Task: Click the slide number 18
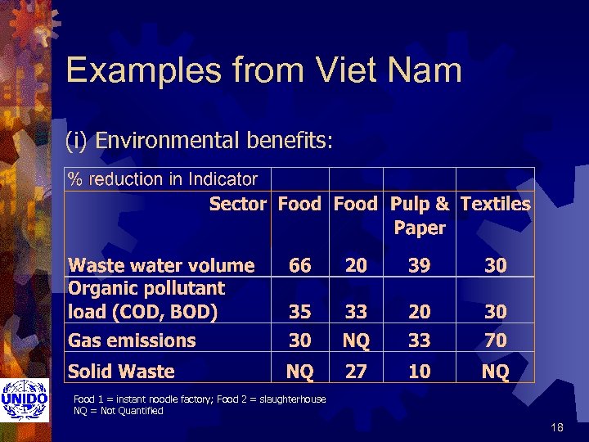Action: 558,427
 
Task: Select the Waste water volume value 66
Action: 299,265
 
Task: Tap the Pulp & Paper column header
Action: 420,215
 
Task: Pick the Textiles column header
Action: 495,204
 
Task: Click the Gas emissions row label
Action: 132,341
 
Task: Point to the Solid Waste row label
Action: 121,372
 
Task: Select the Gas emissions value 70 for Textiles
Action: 495,340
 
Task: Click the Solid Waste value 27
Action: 356,372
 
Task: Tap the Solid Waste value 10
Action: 419,372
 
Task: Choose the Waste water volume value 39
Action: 419,265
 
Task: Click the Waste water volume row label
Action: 161,265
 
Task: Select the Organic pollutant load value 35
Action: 299,312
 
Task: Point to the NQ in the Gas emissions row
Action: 356,340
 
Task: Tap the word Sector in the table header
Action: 237,204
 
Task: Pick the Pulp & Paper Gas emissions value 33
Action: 419,340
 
